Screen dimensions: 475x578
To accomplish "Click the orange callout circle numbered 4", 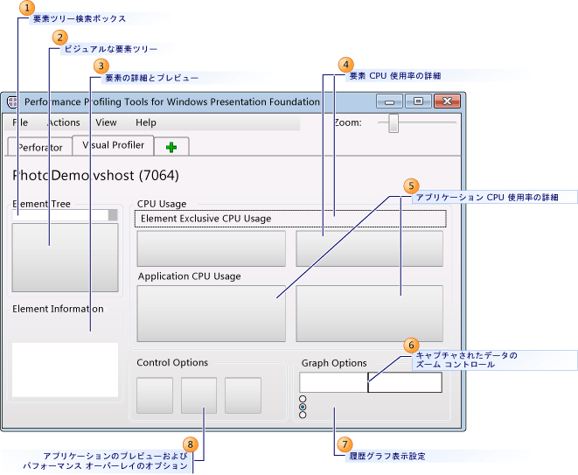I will (x=346, y=65).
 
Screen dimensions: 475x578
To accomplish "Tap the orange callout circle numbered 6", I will (x=412, y=345).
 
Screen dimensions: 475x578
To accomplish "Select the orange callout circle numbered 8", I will (x=192, y=444).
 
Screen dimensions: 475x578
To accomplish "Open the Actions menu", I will (x=63, y=122).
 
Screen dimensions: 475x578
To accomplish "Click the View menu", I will (x=106, y=122).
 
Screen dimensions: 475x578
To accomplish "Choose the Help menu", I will (x=146, y=122).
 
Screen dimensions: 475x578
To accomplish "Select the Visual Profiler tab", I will (x=114, y=145).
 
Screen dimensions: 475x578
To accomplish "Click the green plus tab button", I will (x=171, y=147).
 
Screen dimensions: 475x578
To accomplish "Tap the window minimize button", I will (x=390, y=101).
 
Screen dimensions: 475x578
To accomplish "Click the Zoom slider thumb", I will (x=394, y=122).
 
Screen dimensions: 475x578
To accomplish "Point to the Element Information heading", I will (x=58, y=309).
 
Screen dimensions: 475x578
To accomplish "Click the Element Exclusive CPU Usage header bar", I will (x=290, y=219).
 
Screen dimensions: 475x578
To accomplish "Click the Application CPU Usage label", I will (x=189, y=276).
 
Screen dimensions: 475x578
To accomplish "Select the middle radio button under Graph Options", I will (x=303, y=407).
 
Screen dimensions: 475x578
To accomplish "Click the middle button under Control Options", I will (x=198, y=395).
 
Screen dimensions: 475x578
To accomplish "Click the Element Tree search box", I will (x=59, y=214).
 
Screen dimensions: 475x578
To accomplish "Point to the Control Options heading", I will (x=172, y=362).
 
